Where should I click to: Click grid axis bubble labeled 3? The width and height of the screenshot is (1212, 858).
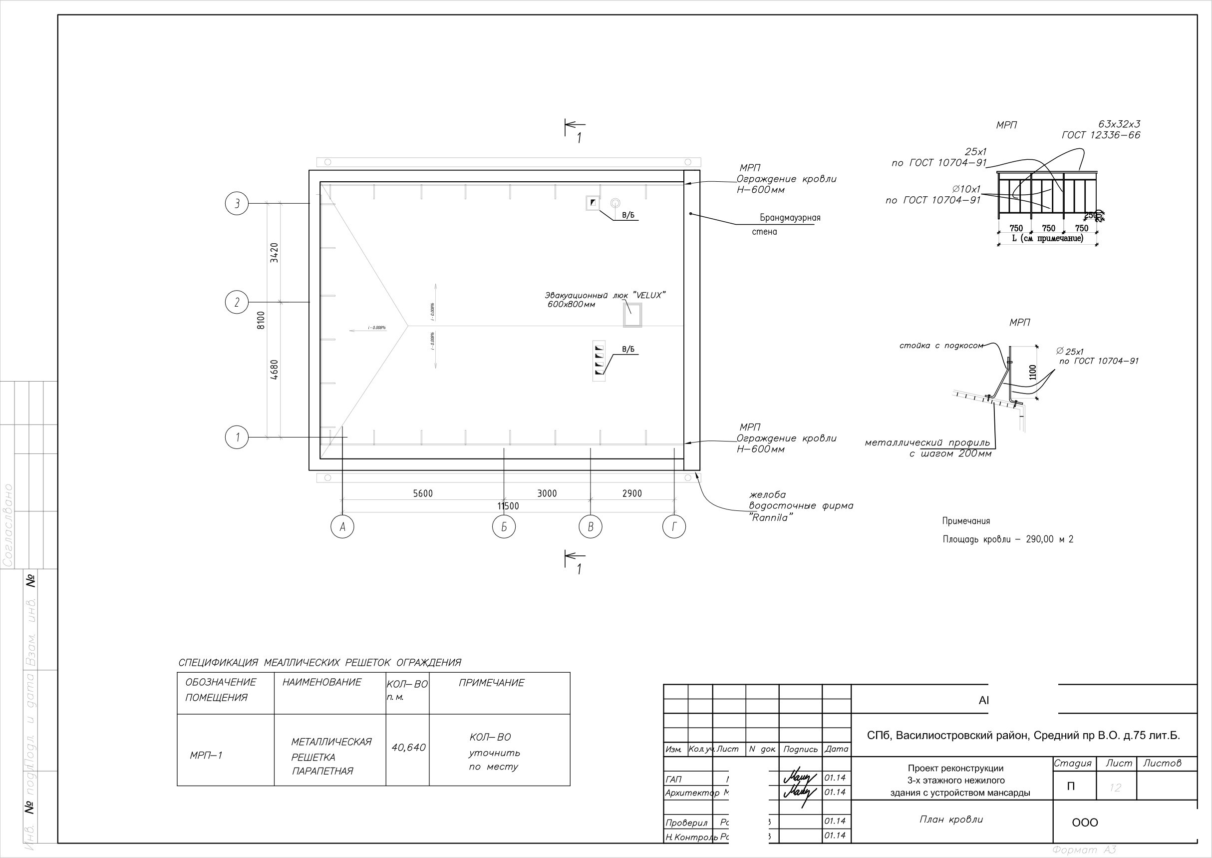237,203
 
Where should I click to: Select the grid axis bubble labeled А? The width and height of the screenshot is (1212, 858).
342,527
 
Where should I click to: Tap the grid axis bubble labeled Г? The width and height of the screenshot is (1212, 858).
674,527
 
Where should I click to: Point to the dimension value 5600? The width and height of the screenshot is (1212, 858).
422,493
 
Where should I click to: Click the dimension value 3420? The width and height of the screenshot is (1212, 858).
274,253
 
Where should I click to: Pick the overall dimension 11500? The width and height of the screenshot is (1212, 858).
508,506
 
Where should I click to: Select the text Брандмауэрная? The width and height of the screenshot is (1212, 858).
790,218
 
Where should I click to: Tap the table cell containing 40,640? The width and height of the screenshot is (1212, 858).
408,748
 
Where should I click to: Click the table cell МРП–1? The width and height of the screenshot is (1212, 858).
206,756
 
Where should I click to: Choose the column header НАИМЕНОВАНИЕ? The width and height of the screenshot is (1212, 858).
321,682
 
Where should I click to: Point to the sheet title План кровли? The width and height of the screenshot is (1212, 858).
951,820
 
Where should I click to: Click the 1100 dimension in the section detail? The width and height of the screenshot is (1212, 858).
1032,372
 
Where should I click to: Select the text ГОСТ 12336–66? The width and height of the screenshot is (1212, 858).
1101,135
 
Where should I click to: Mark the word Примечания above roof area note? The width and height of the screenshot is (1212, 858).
966,521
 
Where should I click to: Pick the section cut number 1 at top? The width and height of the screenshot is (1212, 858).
579,138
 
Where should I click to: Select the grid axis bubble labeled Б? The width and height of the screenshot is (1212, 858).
504,527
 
